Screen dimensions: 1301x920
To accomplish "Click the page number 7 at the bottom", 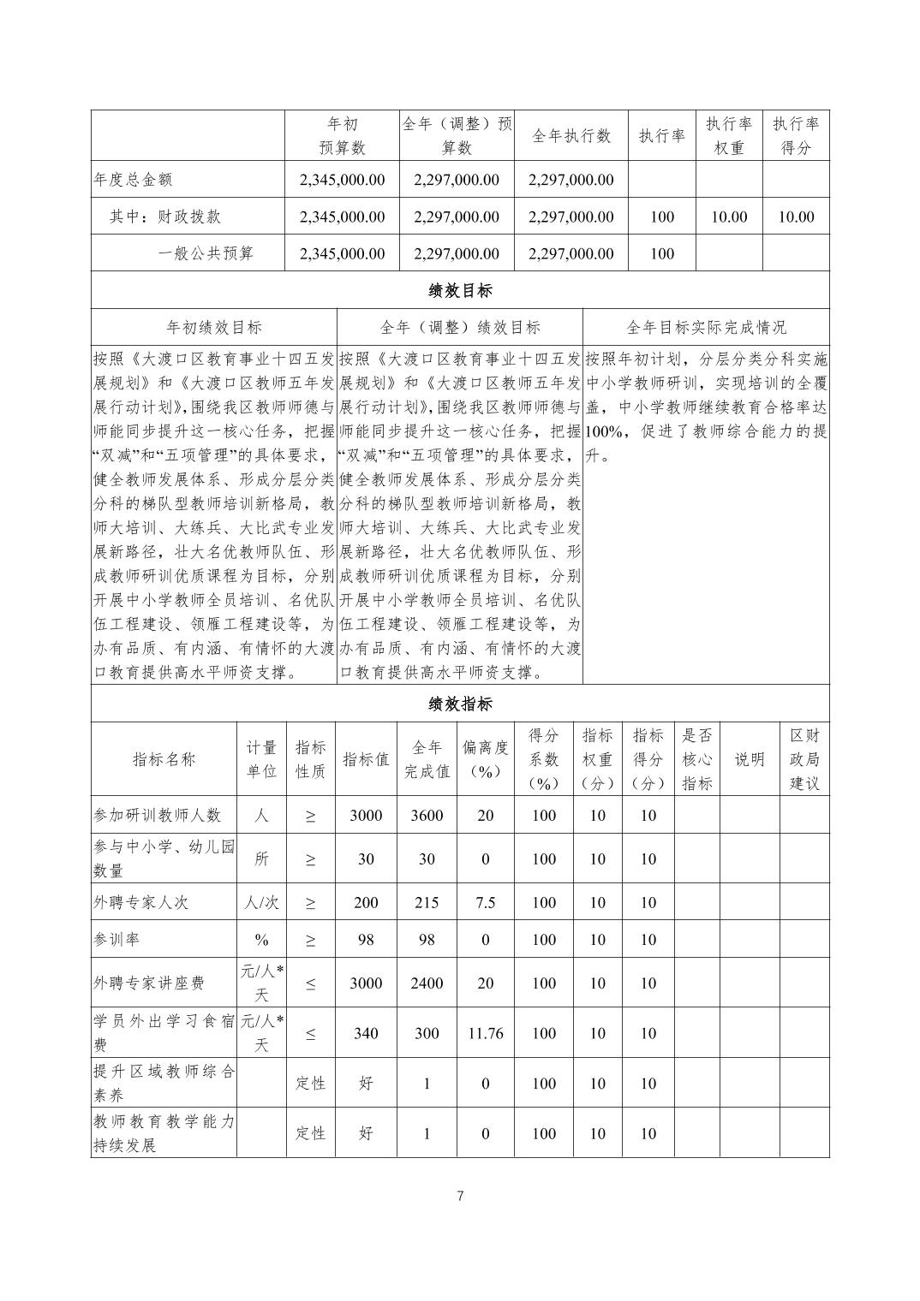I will [460, 1196].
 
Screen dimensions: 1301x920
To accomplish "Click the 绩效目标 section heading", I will [460, 290].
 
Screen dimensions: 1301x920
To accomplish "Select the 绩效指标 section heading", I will [460, 704].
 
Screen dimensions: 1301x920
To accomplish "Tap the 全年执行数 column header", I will [571, 135].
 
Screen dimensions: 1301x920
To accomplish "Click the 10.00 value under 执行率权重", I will [729, 217].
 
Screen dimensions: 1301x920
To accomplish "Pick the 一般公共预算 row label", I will [206, 253].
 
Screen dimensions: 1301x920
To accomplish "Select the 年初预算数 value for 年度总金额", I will [342, 180].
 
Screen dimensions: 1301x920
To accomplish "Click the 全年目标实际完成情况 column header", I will [706, 327].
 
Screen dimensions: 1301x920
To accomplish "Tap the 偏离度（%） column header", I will [485, 758].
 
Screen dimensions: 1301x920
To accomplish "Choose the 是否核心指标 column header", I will [696, 758].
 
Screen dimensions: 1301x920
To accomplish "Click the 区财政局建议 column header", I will [804, 758].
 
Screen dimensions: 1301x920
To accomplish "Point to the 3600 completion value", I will [427, 815].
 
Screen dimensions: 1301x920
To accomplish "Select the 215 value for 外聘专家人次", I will [427, 902].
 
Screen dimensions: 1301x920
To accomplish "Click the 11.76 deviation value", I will [485, 1033].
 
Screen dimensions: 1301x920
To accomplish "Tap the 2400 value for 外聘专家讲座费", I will [427, 983].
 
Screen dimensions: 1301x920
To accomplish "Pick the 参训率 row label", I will [116, 939].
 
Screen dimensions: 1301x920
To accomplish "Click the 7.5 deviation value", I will [485, 902].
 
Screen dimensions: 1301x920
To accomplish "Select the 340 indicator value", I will [366, 1033].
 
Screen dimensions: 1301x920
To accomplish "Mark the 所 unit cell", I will [261, 858].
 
